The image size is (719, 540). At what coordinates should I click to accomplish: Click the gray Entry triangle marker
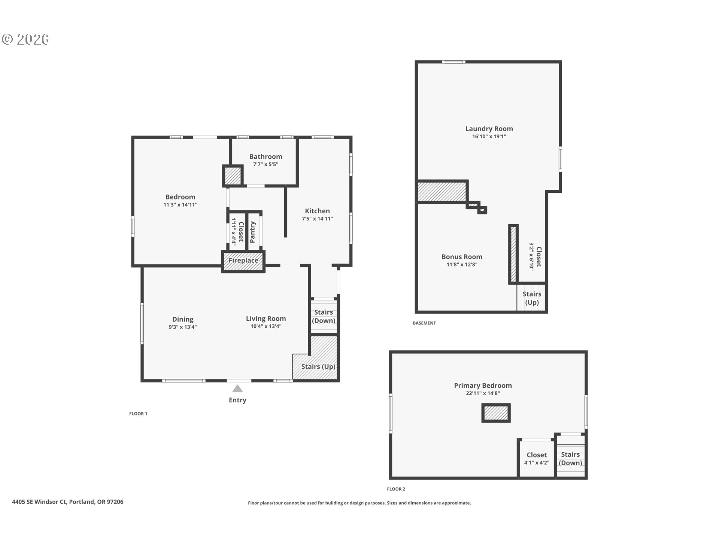click(237, 388)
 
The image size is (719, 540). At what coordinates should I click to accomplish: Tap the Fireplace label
click(243, 260)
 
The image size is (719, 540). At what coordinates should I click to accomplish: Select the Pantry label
click(252, 232)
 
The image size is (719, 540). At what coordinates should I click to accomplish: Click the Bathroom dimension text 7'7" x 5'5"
click(266, 164)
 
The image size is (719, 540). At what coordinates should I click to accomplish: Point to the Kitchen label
click(317, 211)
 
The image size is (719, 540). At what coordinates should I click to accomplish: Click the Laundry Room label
click(489, 129)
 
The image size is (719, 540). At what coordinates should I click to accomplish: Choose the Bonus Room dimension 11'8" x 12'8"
click(462, 264)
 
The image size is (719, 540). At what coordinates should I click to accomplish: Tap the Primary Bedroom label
click(483, 385)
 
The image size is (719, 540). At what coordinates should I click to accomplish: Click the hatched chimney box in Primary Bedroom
click(496, 413)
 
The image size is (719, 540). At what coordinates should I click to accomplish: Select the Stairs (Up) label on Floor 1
click(318, 366)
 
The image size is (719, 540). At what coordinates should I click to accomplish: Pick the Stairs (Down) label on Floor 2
click(570, 459)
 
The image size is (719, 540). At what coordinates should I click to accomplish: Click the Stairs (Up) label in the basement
click(532, 298)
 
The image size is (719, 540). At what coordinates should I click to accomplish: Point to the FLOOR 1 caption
click(138, 414)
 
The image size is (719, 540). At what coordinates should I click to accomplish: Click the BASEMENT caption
click(424, 323)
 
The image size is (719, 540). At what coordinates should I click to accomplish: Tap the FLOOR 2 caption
click(396, 489)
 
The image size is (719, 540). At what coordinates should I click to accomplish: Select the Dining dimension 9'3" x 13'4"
click(183, 327)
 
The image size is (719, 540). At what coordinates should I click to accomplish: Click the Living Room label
click(266, 318)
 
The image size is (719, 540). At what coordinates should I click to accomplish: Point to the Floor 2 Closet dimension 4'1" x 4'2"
click(537, 463)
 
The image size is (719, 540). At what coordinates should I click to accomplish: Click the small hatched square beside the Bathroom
click(233, 175)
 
